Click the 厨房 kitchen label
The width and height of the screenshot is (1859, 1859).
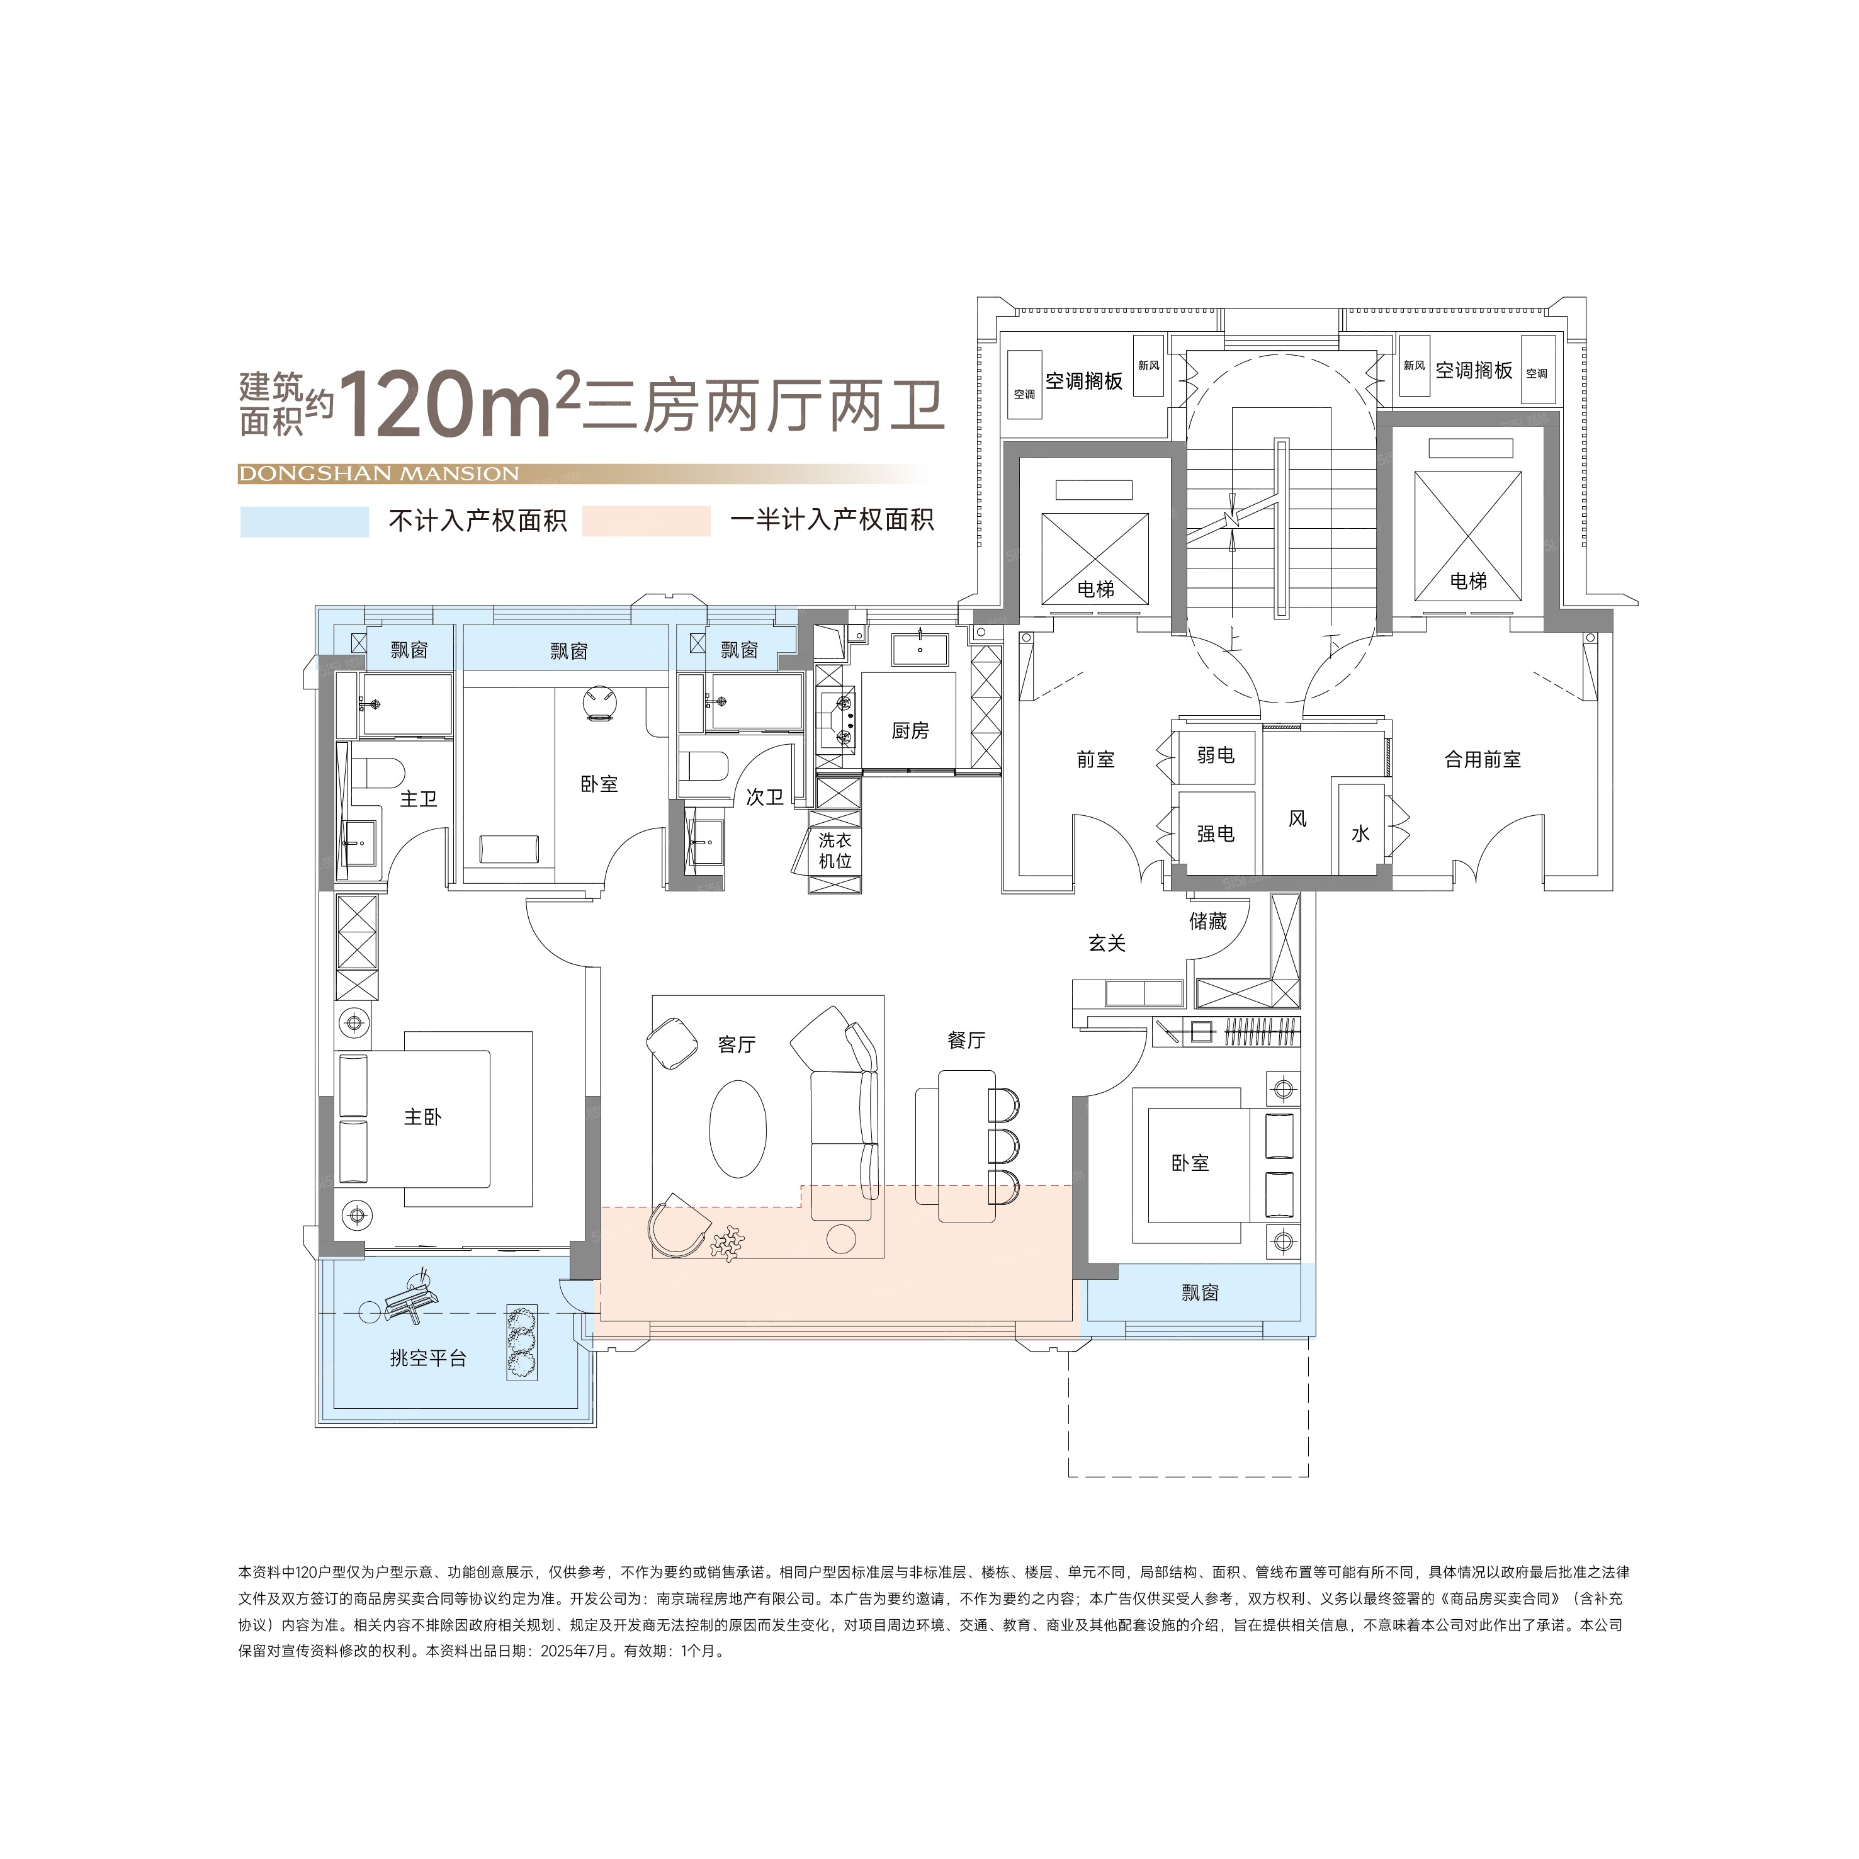(x=909, y=730)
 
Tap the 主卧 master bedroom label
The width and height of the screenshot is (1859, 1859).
(x=422, y=1116)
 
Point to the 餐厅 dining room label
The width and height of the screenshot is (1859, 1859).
(x=966, y=1039)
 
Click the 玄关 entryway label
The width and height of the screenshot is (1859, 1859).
(x=1107, y=943)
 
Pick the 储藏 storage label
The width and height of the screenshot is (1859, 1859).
(x=1207, y=921)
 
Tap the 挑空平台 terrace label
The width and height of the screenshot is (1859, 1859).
(x=428, y=1358)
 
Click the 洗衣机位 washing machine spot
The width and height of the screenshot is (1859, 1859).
(x=834, y=850)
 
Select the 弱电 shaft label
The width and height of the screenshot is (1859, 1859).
(x=1215, y=755)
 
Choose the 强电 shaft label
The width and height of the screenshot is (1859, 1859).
(x=1215, y=833)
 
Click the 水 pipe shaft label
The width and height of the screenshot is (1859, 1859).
(x=1360, y=833)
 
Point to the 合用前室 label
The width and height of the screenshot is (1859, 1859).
(x=1482, y=759)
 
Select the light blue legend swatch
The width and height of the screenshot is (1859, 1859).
(x=304, y=521)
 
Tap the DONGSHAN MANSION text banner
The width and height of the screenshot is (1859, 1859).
(x=378, y=473)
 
